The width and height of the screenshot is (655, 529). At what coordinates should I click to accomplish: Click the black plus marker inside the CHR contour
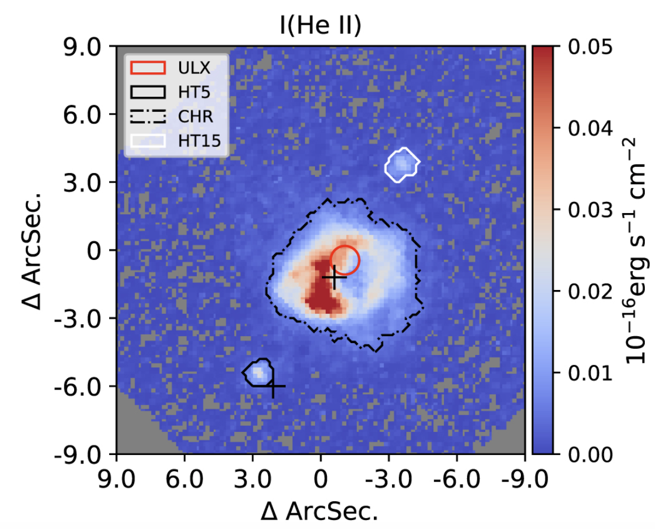[334, 277]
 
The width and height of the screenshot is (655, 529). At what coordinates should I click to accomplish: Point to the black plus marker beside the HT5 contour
[273, 387]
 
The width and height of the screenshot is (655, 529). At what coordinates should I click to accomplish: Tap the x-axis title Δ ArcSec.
[320, 510]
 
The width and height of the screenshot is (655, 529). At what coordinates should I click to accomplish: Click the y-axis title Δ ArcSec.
[35, 250]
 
